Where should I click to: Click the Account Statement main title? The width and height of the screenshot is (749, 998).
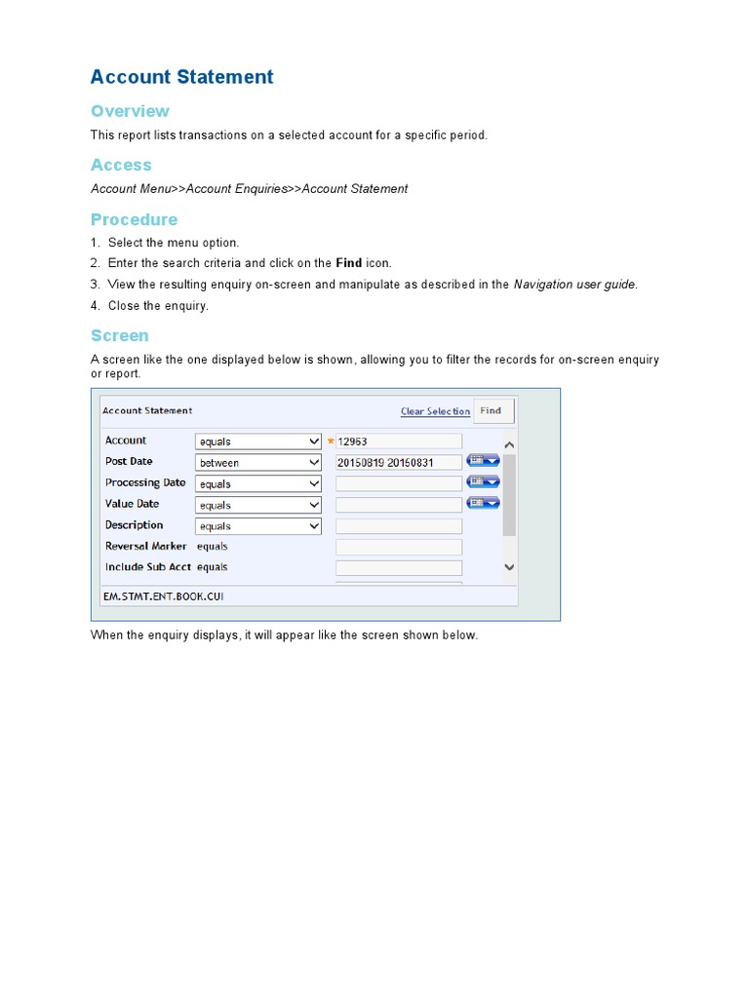[181, 77]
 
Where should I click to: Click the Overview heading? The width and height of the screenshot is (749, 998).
[130, 111]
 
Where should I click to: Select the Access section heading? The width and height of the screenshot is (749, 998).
[121, 165]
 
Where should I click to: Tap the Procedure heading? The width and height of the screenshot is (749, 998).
[134, 219]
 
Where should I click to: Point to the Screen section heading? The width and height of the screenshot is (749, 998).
[119, 335]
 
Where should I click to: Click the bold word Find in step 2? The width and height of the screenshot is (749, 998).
[348, 263]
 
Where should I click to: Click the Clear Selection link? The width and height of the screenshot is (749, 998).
[435, 411]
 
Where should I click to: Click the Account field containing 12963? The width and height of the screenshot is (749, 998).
[398, 441]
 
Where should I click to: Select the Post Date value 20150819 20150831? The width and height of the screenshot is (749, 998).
[398, 463]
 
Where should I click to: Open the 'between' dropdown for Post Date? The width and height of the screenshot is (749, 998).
[258, 463]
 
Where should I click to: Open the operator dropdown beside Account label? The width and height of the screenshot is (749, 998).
[258, 441]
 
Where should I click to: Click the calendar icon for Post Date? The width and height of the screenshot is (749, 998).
[483, 461]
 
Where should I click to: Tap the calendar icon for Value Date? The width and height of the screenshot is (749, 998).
[483, 503]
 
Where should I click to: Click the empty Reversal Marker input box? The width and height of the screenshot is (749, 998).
[398, 547]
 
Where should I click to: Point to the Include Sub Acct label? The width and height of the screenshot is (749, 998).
[148, 567]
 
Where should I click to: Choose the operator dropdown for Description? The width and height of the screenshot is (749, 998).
[258, 526]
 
